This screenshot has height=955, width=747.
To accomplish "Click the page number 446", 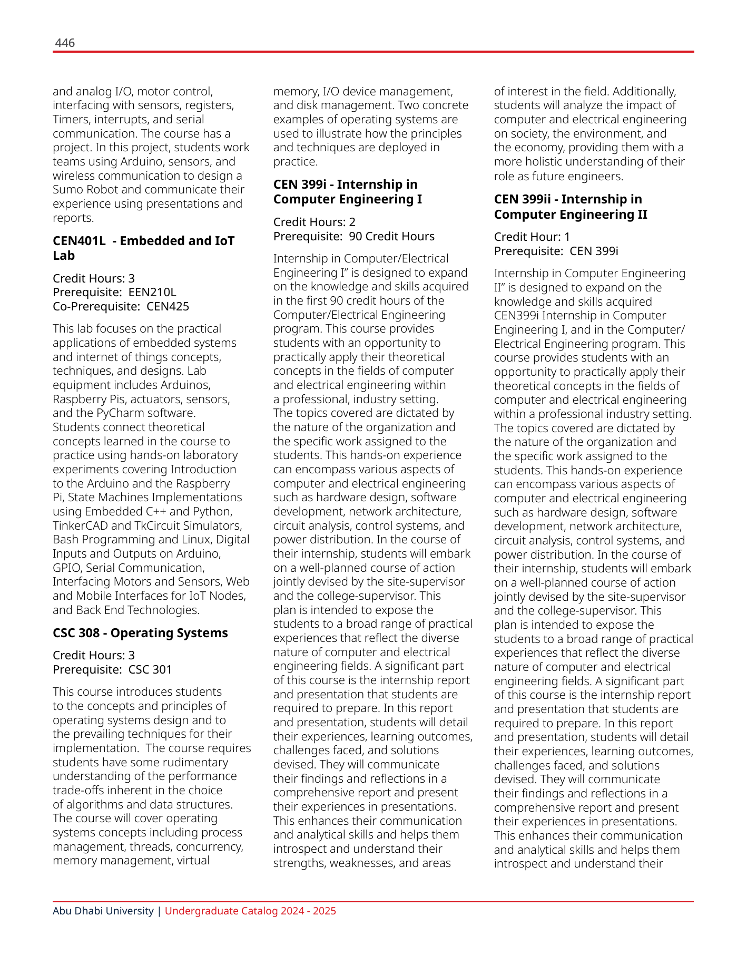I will point(65,43).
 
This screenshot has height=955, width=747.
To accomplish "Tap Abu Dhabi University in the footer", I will point(103,911).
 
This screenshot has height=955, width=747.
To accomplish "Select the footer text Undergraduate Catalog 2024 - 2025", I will point(250,911).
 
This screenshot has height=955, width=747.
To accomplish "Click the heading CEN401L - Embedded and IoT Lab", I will point(143,248).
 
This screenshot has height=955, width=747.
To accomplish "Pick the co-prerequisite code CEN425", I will point(168,306).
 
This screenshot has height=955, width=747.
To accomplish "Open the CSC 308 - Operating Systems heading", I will point(140,633).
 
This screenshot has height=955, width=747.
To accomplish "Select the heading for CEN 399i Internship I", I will point(347,192).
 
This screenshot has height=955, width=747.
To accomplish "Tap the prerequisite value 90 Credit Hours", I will point(391,236).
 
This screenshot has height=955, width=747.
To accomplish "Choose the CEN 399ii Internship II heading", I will point(571,207).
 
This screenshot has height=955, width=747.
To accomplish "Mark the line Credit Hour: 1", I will point(532,237).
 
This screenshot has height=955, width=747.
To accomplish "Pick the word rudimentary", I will point(197,762).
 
